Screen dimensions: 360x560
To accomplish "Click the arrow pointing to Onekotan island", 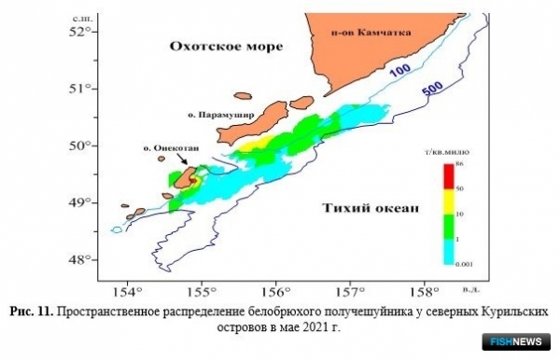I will point(184,161).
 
